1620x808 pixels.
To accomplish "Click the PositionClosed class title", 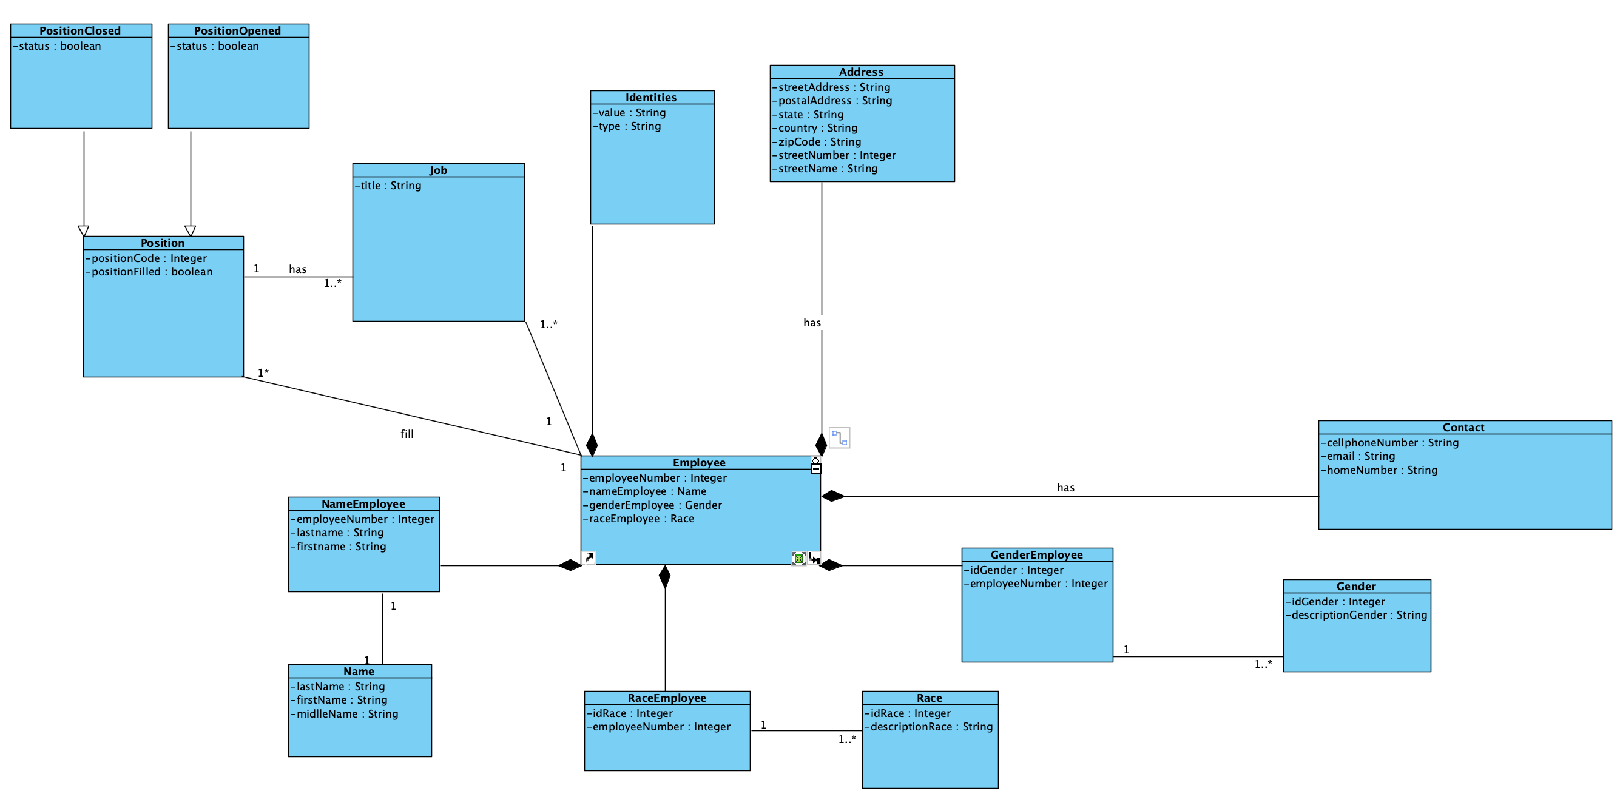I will click(80, 31).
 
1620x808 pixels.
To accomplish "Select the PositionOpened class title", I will click(237, 31).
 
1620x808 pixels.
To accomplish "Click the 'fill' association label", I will click(407, 434).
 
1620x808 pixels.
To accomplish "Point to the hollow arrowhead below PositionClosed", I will click(84, 231).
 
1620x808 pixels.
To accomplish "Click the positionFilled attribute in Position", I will click(152, 272).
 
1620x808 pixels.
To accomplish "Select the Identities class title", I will click(651, 98).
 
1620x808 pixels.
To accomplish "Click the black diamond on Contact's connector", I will click(833, 496).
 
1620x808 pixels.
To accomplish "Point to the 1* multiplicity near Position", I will click(263, 373).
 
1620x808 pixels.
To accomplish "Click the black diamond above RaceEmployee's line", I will click(665, 577).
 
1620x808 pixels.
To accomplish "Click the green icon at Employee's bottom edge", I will click(798, 558).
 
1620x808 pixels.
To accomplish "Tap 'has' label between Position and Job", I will click(297, 269).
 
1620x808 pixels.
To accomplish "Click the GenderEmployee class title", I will click(1036, 554).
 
